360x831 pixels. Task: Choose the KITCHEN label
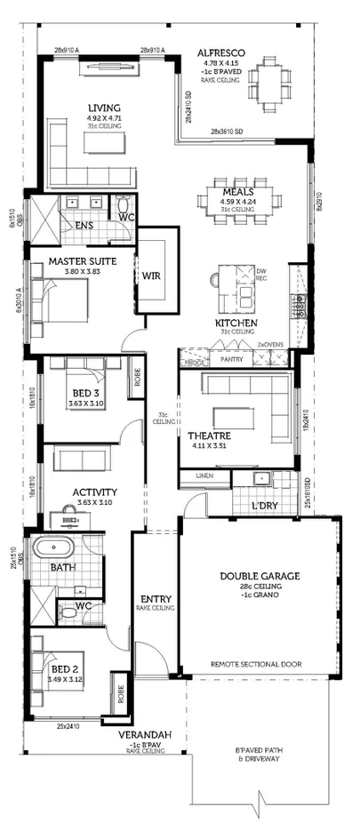tap(236, 322)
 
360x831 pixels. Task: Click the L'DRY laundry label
tap(265, 506)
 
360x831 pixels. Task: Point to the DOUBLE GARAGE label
tap(260, 576)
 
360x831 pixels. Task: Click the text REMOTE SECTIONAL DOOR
tap(256, 664)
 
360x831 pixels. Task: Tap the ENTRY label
tap(156, 599)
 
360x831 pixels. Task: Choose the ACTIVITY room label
tap(95, 491)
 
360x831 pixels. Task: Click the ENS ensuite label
tap(84, 226)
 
